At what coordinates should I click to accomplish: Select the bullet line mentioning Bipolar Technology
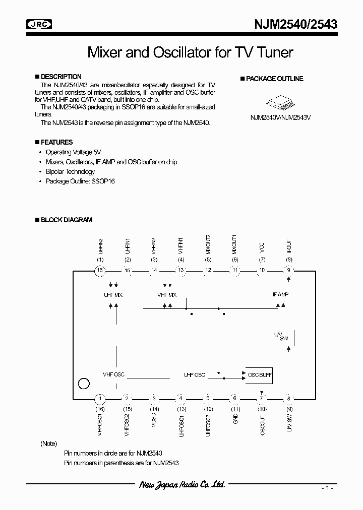click(x=70, y=171)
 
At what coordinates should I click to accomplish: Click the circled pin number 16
click(x=100, y=270)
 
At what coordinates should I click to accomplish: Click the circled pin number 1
click(x=100, y=399)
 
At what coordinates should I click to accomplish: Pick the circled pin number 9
click(x=289, y=270)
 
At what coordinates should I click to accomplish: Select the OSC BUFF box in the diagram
click(x=259, y=375)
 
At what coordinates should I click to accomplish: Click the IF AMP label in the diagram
click(x=280, y=294)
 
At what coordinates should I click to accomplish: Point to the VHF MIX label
click(x=166, y=294)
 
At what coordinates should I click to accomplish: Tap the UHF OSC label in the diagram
click(x=195, y=375)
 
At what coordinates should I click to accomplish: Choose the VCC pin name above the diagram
click(x=262, y=247)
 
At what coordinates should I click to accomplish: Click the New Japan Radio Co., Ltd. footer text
click(x=181, y=485)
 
